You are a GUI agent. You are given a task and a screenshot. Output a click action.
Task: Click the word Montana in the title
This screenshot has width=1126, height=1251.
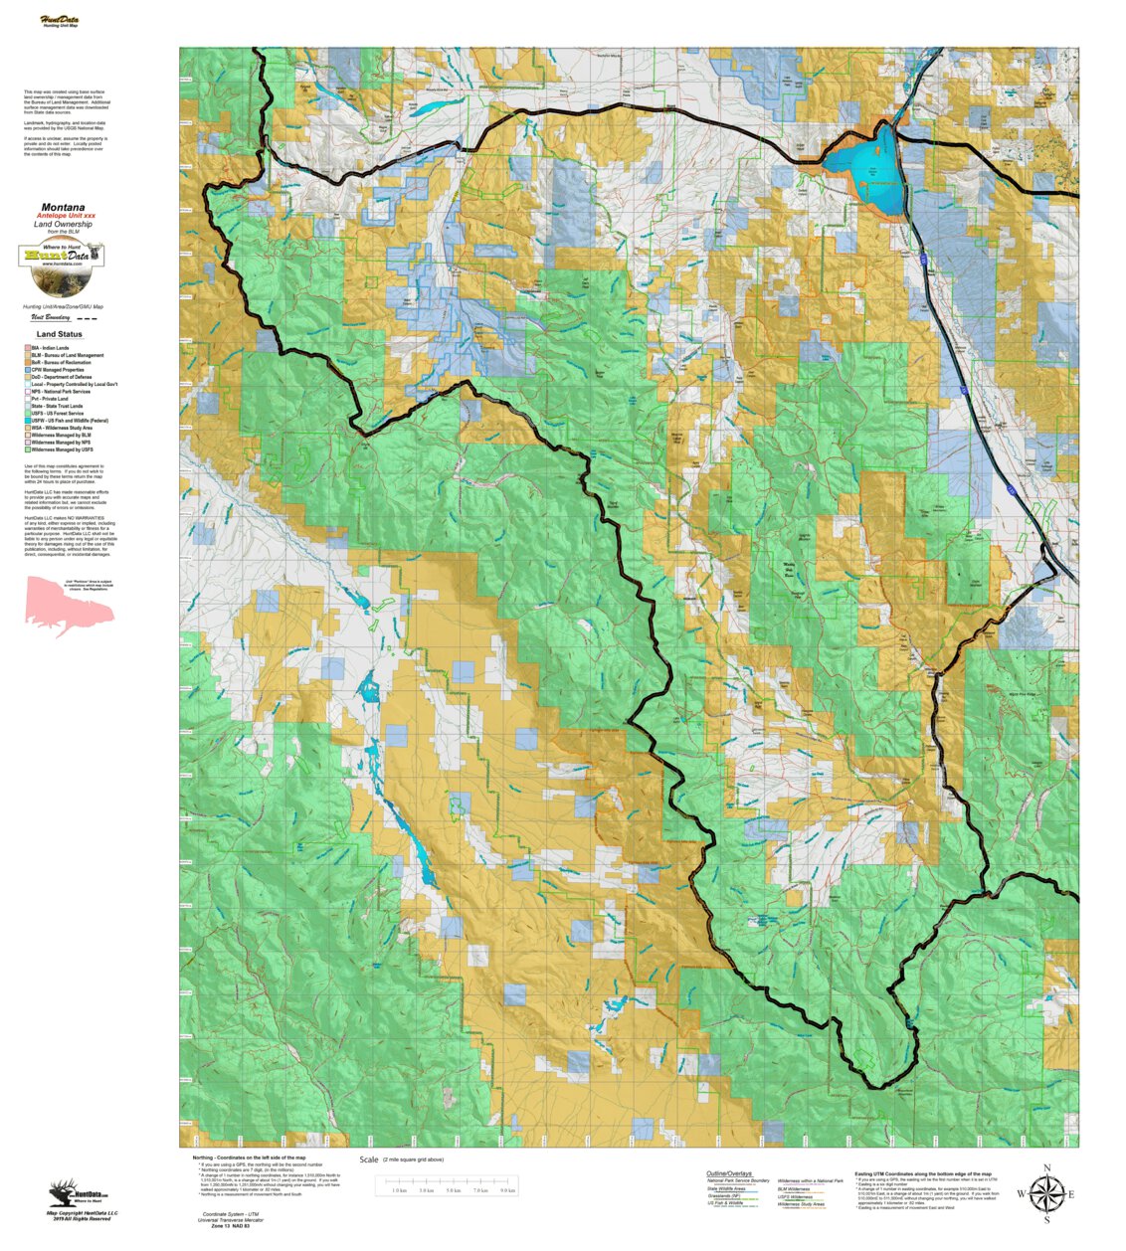(x=63, y=208)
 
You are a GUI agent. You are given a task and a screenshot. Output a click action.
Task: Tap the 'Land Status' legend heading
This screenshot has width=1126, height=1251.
(x=60, y=334)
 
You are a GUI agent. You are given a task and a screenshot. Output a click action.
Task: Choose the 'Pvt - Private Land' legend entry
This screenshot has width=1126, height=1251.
(x=50, y=399)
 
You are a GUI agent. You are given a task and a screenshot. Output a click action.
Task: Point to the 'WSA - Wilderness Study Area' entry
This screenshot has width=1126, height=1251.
(x=61, y=428)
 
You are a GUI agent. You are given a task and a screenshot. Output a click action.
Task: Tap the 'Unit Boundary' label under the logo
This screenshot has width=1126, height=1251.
(x=51, y=318)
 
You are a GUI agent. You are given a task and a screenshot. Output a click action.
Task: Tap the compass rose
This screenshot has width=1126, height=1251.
(x=1045, y=1193)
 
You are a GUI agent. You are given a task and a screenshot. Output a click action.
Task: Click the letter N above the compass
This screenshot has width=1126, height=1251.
(x=1046, y=1168)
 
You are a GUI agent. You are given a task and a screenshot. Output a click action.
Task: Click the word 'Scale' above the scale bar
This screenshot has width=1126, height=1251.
(x=369, y=1160)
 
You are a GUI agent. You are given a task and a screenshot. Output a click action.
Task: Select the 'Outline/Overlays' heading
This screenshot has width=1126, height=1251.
(x=729, y=1173)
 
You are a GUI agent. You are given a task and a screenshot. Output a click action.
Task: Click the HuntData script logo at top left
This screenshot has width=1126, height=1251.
(x=60, y=20)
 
